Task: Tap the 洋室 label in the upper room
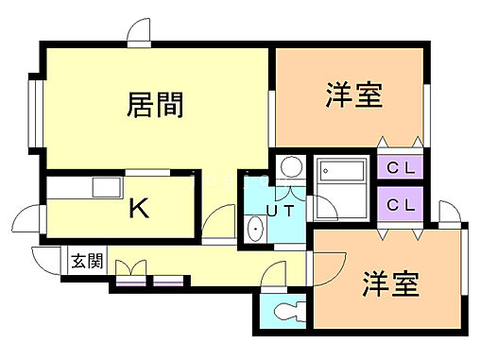[354, 95]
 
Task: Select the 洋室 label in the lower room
[389, 284]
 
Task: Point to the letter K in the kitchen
[138, 208]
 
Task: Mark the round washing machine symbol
[290, 167]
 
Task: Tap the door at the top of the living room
[139, 31]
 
